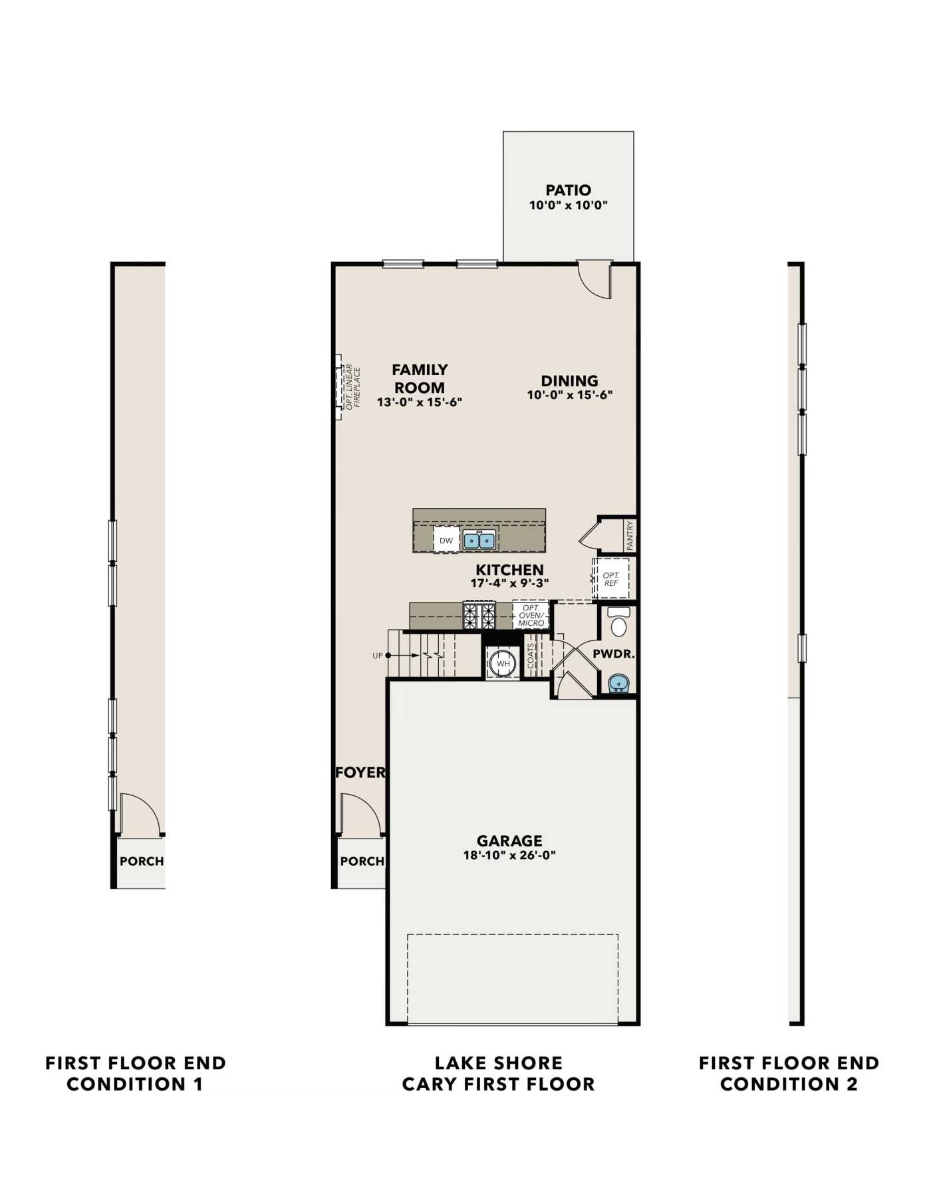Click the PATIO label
[x=569, y=190]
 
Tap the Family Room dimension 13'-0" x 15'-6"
[x=420, y=402]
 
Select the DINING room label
[x=569, y=381]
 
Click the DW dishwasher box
[x=446, y=540]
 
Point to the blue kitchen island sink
[x=479, y=540]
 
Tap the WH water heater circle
[x=503, y=663]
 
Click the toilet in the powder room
[x=619, y=622]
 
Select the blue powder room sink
[x=619, y=683]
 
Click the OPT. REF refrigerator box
[x=611, y=579]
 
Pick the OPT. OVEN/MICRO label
[x=531, y=615]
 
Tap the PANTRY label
[x=630, y=535]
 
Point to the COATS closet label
[x=531, y=656]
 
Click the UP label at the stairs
[x=378, y=656]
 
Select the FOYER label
[x=360, y=772]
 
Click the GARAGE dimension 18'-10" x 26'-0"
[x=509, y=855]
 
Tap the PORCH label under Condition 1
[x=142, y=861]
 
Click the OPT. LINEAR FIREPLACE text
[x=352, y=386]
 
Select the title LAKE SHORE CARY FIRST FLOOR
[x=499, y=1073]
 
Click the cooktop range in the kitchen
[x=479, y=615]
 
